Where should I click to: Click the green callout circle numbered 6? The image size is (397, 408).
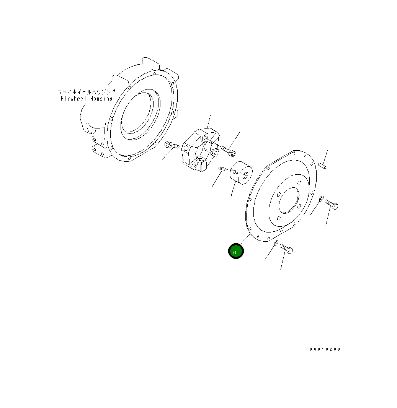236,251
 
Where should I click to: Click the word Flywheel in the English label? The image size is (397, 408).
74,99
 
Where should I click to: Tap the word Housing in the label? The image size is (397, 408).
101,99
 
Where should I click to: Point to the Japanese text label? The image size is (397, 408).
86,92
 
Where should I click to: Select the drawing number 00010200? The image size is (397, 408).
325,349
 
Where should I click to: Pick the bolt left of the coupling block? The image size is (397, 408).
172,145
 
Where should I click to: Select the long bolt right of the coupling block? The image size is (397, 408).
227,151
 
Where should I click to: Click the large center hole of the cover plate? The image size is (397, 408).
289,200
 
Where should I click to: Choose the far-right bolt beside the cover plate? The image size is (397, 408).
332,205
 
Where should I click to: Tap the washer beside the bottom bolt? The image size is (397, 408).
276,243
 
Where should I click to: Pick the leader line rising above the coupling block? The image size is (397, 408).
209,122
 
